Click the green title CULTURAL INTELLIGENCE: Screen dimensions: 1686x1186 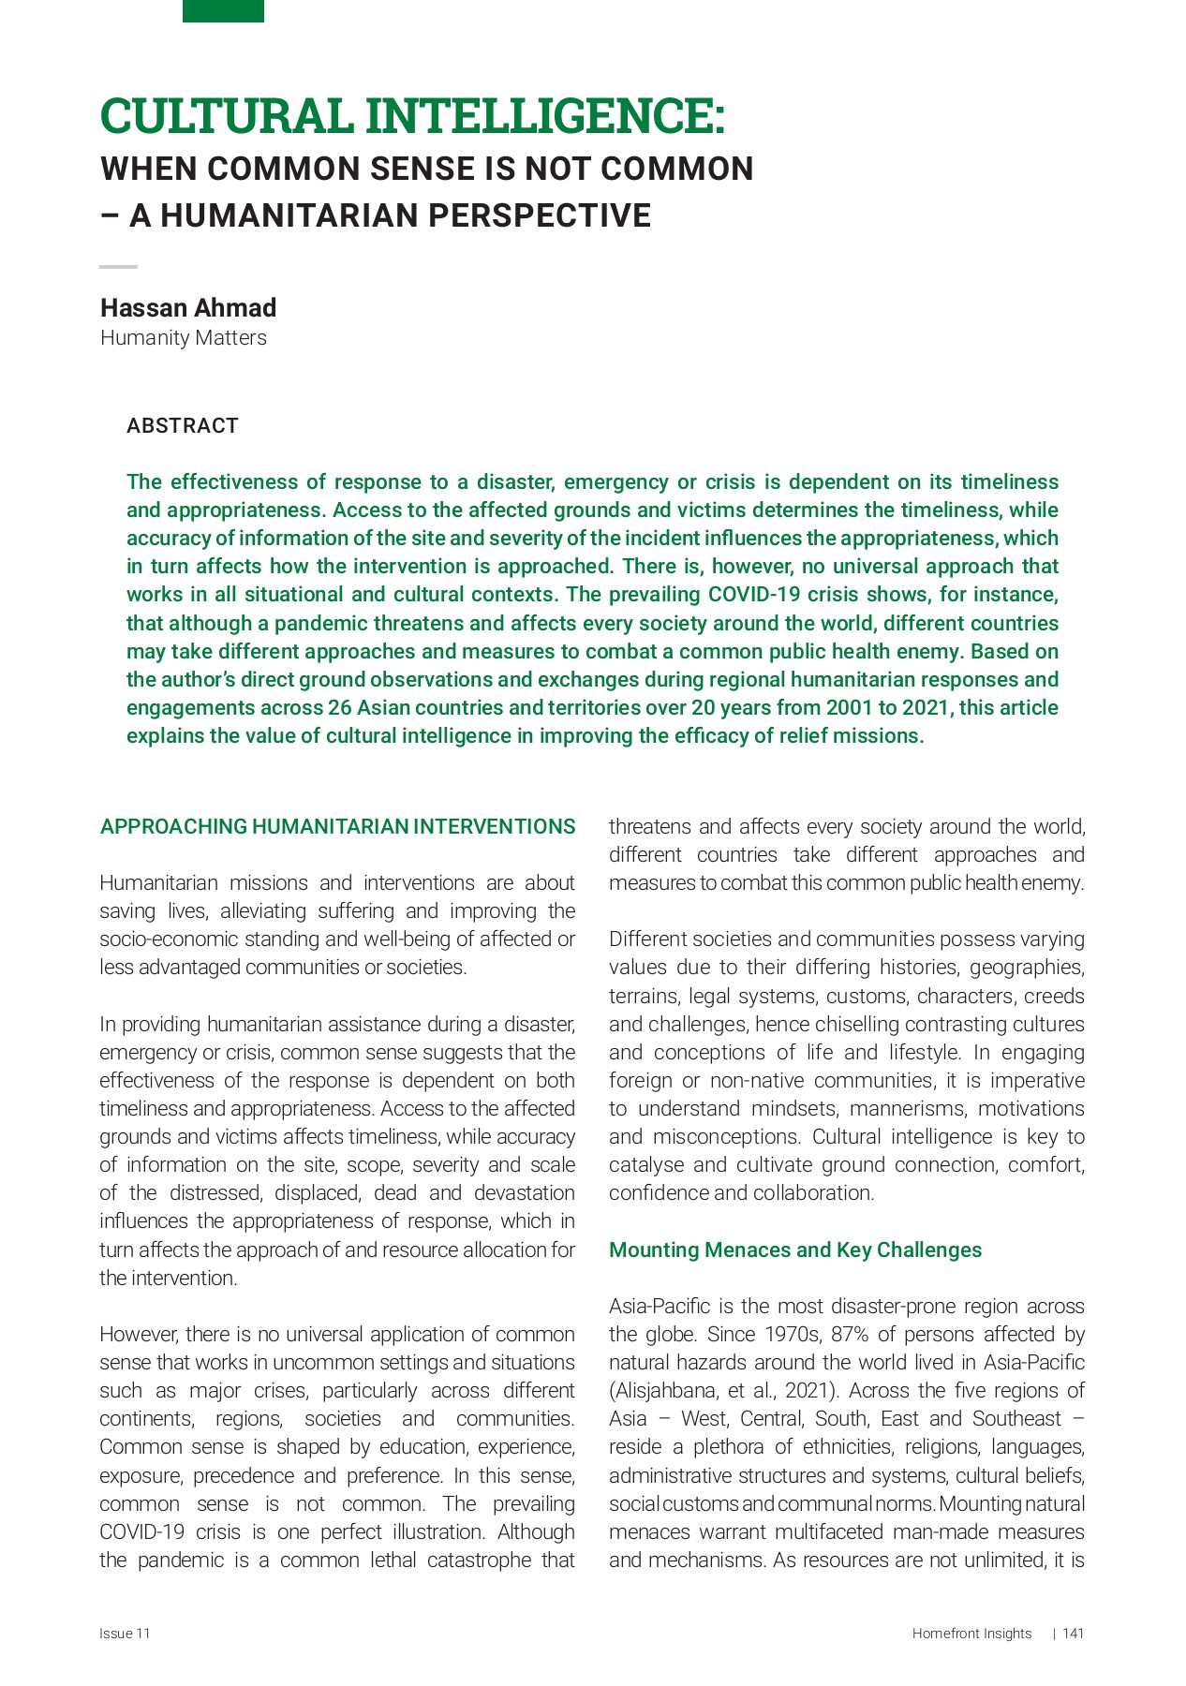(412, 116)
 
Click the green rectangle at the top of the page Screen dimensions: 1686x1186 (223, 10)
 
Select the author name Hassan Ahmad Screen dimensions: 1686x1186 (188, 308)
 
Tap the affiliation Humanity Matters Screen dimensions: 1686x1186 (184, 338)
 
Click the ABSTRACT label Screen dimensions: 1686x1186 (183, 426)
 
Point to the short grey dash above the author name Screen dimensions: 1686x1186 (118, 267)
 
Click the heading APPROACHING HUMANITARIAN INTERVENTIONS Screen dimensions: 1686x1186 (337, 827)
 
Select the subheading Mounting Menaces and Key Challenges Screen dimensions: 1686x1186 (795, 1250)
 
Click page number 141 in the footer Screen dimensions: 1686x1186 (1074, 1634)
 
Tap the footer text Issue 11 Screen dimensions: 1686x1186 (125, 1634)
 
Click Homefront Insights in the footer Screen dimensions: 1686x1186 (971, 1634)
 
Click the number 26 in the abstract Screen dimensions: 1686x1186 (340, 708)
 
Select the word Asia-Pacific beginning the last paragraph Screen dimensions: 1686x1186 (652, 1307)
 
